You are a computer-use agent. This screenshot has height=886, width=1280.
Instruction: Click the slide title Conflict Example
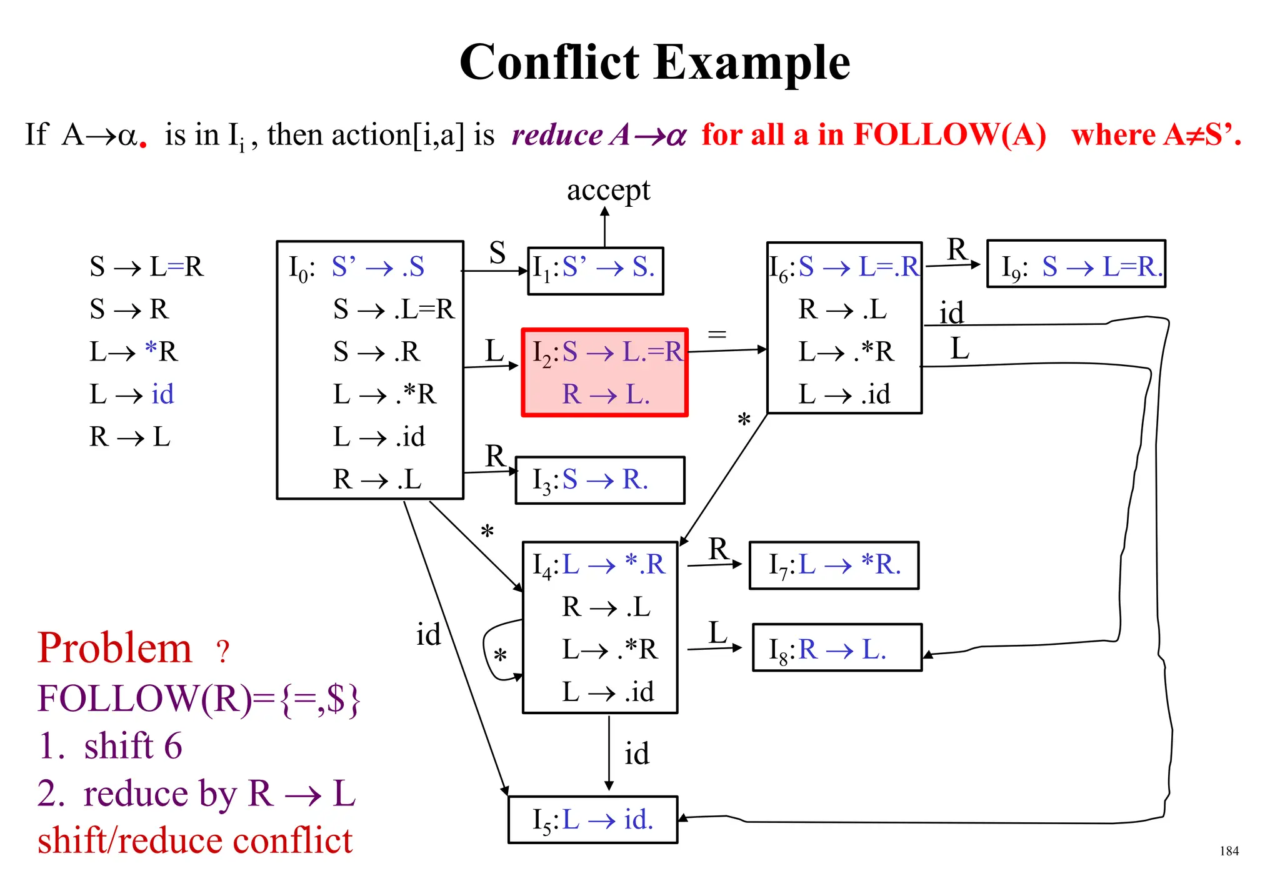tap(654, 62)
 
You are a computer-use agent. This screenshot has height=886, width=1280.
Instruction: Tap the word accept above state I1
tap(608, 190)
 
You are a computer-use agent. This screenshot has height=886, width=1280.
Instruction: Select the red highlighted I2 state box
tap(604, 372)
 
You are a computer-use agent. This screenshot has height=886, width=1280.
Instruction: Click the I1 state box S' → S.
tap(595, 270)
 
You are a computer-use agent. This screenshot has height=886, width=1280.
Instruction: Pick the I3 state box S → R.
tap(599, 480)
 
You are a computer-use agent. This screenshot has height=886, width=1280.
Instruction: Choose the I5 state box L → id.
tap(592, 819)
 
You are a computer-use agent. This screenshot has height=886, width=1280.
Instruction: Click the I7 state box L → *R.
tap(834, 565)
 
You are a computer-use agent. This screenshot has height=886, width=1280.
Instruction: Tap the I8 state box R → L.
tap(837, 648)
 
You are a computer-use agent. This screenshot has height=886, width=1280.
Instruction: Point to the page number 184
tap(1229, 851)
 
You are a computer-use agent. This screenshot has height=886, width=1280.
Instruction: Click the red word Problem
tap(115, 648)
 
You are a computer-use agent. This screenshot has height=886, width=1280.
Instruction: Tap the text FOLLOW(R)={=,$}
tap(199, 699)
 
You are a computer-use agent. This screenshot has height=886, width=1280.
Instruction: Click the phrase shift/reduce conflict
tap(195, 841)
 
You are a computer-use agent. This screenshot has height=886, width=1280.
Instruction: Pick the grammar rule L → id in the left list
tap(131, 394)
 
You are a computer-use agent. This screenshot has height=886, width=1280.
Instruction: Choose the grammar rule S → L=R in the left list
tap(146, 267)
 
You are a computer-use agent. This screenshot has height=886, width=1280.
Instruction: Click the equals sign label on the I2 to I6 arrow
tap(717, 334)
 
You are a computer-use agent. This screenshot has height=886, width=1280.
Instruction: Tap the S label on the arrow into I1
tap(497, 253)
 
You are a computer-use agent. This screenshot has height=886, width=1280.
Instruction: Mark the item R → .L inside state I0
tap(377, 479)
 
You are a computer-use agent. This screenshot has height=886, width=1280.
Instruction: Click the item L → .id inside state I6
tap(844, 394)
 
